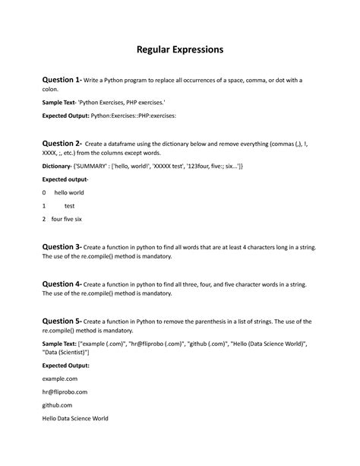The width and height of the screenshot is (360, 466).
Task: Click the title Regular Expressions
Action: pyautogui.click(x=180, y=49)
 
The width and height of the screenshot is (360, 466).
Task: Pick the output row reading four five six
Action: pyautogui.click(x=66, y=219)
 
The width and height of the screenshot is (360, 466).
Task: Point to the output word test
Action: pyautogui.click(x=69, y=205)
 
